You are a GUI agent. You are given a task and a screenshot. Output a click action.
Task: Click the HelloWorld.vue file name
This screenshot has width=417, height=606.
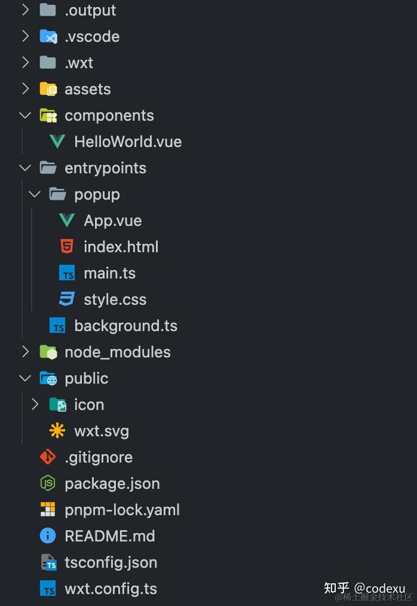pos(128,142)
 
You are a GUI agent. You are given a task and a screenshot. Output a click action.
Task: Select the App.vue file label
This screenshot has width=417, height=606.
pos(112,221)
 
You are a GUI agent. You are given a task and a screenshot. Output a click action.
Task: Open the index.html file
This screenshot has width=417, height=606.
pos(121,247)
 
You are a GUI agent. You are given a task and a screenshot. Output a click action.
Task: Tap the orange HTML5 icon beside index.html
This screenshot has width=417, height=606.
pos(67,246)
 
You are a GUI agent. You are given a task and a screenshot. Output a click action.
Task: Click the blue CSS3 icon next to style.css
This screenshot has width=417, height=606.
pos(67,299)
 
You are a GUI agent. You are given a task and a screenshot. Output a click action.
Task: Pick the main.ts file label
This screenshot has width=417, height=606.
pos(109,273)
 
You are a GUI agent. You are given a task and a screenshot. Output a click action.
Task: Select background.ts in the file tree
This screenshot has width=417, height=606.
pos(125,326)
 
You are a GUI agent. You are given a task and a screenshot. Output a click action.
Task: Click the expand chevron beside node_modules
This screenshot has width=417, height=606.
pos(25,352)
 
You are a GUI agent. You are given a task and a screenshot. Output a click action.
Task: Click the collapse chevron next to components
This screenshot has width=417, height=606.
pos(25,115)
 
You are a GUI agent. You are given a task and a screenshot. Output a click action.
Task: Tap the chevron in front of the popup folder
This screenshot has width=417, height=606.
pos(35,194)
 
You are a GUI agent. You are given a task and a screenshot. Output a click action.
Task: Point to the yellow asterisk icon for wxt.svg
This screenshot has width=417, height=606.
pos(57,430)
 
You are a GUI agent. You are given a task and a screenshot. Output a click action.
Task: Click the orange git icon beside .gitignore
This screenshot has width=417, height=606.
pos(48,457)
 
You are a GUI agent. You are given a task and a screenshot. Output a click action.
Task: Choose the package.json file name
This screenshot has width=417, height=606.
pos(112,483)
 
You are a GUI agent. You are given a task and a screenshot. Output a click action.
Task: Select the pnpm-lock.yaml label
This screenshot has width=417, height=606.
pos(122,510)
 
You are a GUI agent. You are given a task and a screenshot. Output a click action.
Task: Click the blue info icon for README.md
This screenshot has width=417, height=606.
pos(48,536)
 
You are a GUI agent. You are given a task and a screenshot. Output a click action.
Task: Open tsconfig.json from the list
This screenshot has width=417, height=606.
pos(111,562)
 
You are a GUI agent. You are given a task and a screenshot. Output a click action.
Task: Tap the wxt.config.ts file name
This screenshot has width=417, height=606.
pos(111,589)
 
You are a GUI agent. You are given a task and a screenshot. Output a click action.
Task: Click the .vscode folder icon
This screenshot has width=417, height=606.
pos(48,36)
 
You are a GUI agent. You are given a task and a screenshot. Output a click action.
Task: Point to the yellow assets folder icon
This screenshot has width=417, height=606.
pos(48,89)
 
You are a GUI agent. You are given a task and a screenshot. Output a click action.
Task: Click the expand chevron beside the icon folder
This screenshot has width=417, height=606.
pos(35,405)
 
